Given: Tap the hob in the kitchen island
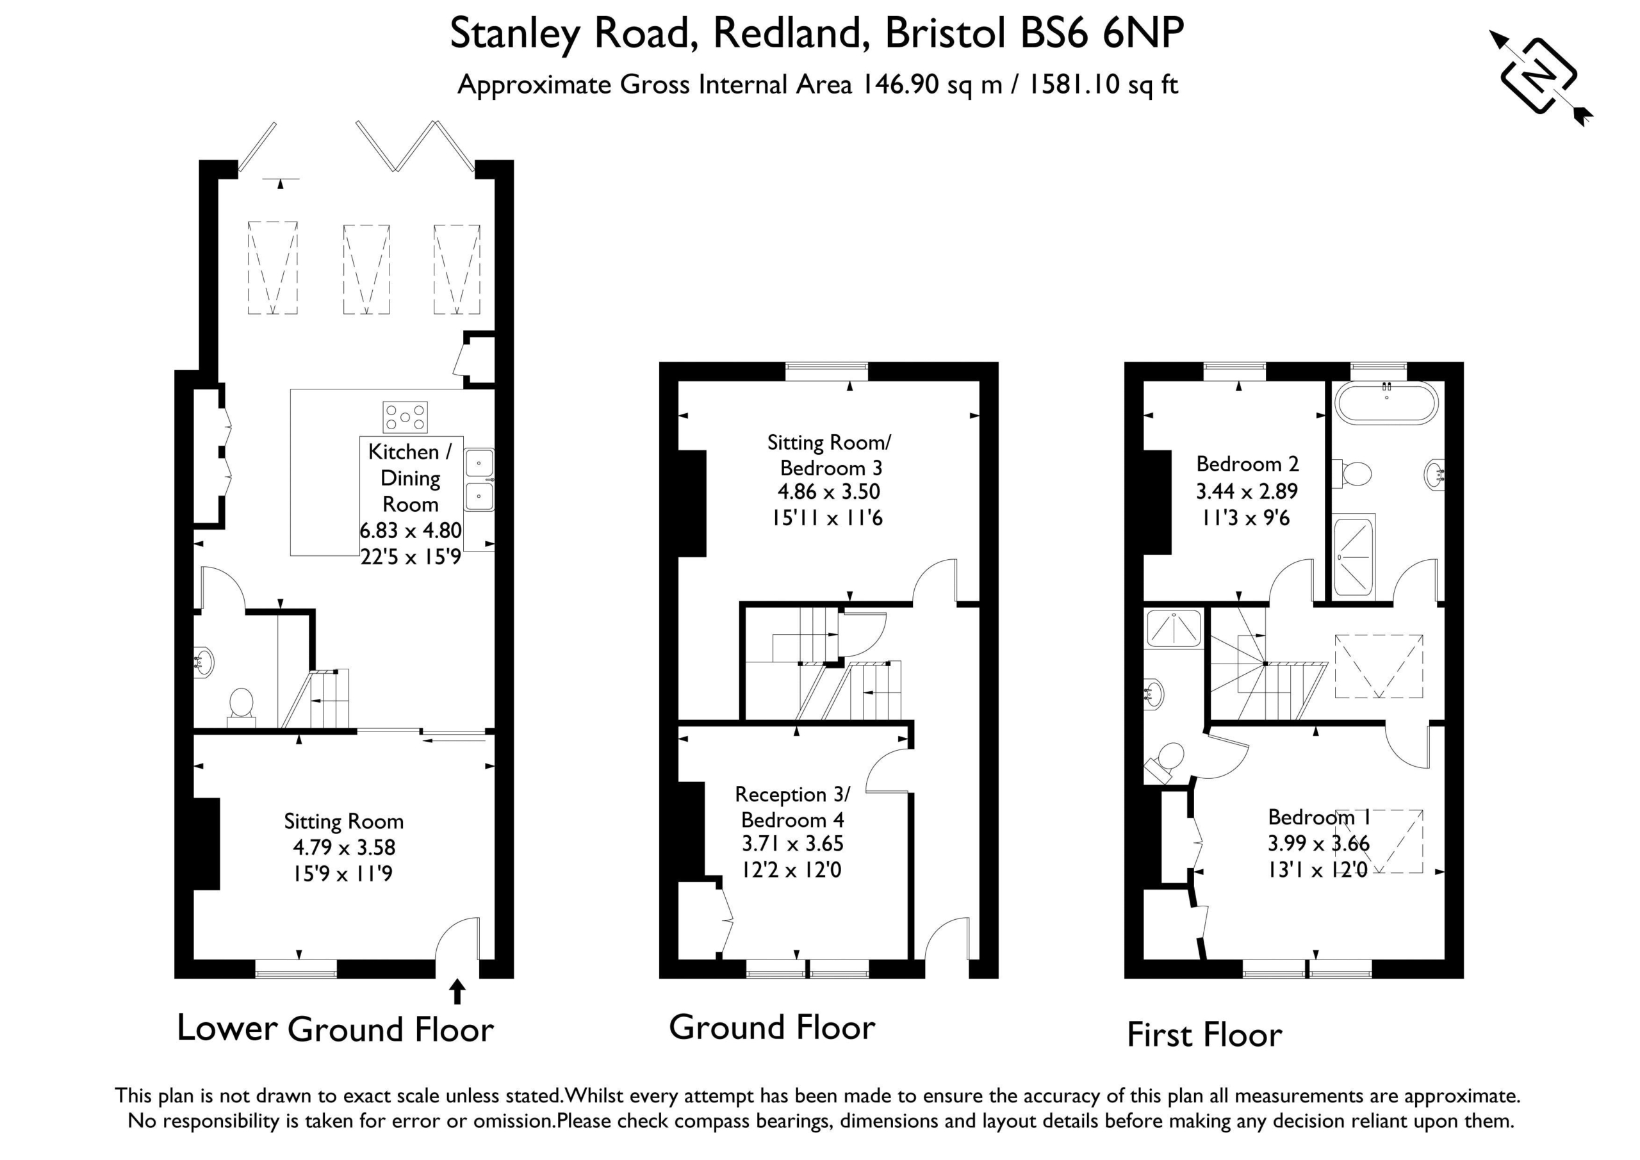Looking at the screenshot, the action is tap(405, 417).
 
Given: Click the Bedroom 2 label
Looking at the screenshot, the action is tap(1247, 464).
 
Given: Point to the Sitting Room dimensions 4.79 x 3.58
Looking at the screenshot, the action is tap(344, 847).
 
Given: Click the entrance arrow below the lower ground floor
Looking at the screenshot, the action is tap(457, 992).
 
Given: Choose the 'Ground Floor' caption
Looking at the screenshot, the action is tap(772, 1028).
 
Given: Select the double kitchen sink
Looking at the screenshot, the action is tap(479, 479).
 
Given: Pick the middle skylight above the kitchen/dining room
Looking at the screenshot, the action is tap(366, 269).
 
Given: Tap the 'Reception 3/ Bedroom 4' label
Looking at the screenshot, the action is tap(792, 806).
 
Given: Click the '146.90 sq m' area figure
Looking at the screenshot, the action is tap(931, 85).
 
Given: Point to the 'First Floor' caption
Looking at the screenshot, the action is tap(1204, 1035).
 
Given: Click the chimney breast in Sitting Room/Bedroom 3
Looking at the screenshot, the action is tap(692, 503).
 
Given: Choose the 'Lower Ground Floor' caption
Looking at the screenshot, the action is tap(335, 1029).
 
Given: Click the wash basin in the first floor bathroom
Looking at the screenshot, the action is tap(1434, 475).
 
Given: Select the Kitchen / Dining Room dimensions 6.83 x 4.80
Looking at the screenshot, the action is tap(411, 531).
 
